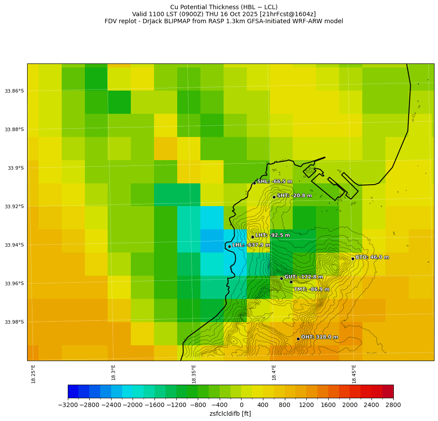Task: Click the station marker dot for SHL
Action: click(x=254, y=183)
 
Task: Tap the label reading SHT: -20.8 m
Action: click(x=294, y=196)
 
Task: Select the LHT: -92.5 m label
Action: click(x=273, y=235)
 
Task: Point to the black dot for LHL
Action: click(x=229, y=246)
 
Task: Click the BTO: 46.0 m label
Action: click(x=372, y=257)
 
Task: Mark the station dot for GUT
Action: click(x=281, y=278)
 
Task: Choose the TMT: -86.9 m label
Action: click(x=312, y=289)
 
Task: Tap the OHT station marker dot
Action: click(x=298, y=339)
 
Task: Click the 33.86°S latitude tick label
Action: click(x=14, y=91)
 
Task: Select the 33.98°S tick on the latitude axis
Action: click(x=14, y=322)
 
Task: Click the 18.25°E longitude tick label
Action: click(x=33, y=374)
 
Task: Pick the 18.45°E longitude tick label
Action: click(x=354, y=374)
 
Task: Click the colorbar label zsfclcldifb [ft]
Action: click(x=230, y=414)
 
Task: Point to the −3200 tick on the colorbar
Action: click(x=68, y=405)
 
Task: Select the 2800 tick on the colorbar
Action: click(x=393, y=405)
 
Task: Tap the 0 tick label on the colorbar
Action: click(x=241, y=405)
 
